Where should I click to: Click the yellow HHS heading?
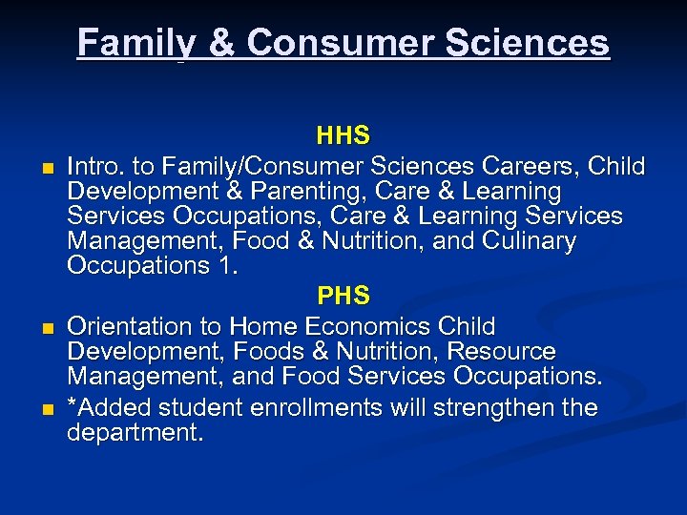tap(343, 137)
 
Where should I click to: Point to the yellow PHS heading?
tap(343, 295)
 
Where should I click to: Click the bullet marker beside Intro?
tap(44, 169)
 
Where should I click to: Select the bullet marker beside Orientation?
tap(44, 329)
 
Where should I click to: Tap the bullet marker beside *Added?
tap(44, 410)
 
